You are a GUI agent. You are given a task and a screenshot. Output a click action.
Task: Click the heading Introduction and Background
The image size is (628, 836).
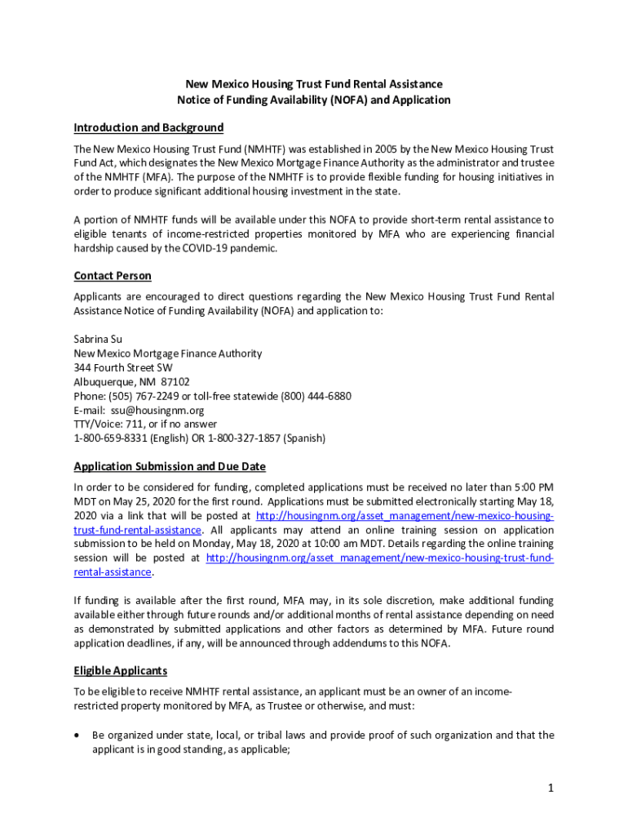pos(148,127)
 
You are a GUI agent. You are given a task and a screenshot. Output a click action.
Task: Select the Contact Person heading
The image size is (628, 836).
pos(113,276)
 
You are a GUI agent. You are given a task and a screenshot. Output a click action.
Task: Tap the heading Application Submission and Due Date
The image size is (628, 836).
pos(170,466)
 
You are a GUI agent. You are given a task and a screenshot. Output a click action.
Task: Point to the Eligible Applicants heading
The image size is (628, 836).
pos(121,670)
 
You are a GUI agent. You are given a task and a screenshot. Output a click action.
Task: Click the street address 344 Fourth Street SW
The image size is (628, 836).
pos(123,367)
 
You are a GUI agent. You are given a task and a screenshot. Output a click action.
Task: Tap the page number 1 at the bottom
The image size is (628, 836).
pos(551,787)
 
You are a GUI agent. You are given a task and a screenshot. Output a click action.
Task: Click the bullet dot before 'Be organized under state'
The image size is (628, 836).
pos(77,735)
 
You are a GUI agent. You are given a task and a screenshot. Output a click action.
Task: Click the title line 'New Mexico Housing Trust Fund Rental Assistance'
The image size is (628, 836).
pos(314,84)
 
